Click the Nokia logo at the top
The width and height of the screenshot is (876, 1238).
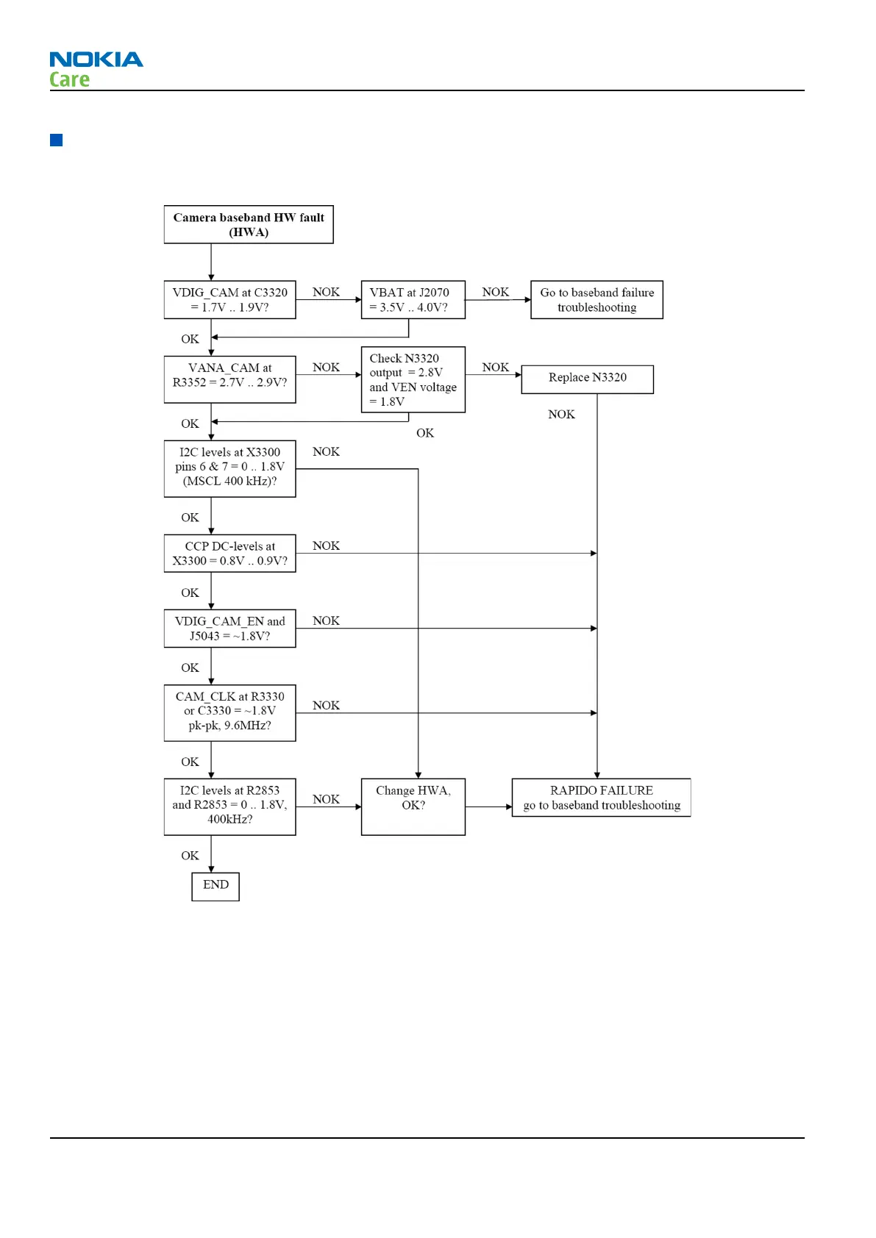tap(96, 60)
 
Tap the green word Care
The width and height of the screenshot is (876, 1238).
tap(70, 79)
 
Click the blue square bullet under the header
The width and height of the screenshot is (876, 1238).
tap(57, 140)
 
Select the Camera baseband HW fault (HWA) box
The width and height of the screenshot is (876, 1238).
tap(249, 225)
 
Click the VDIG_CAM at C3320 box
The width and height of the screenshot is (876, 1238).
tap(229, 300)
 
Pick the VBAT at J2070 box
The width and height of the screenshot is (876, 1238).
tap(413, 300)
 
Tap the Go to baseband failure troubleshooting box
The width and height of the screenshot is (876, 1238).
tap(597, 300)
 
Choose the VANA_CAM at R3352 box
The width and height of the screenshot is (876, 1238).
tap(229, 379)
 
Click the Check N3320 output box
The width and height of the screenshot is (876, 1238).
tap(413, 379)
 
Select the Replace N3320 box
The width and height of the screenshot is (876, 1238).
tap(587, 379)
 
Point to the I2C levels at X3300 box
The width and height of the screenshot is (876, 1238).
tap(229, 468)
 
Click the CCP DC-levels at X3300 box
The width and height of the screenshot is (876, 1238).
tap(229, 554)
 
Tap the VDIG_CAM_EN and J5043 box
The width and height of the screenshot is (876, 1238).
tap(229, 629)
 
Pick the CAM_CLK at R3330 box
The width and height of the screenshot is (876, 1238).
tap(229, 712)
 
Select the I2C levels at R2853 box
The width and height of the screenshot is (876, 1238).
tap(229, 806)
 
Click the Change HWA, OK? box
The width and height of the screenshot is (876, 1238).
tap(413, 806)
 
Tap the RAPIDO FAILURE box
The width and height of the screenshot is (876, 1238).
tap(601, 798)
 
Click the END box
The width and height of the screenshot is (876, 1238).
tap(216, 886)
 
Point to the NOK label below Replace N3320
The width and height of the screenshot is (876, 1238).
tap(561, 415)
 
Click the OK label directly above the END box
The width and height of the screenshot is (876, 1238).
tap(190, 856)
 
